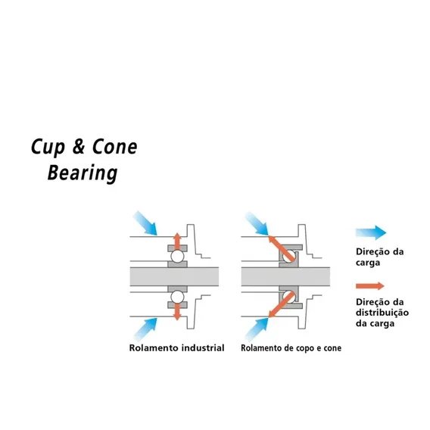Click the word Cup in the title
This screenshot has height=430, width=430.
[48, 148]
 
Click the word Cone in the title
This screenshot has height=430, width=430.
[114, 147]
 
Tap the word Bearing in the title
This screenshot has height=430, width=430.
[83, 173]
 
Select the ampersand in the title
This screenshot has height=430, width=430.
[79, 147]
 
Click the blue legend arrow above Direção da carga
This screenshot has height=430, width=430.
[371, 233]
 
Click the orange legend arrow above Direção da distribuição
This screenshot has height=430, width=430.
[370, 286]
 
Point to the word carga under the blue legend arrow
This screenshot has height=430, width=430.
[368, 263]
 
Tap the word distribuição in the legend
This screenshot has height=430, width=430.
[382, 313]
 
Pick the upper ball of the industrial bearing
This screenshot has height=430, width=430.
[177, 257]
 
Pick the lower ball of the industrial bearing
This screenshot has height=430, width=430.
[177, 297]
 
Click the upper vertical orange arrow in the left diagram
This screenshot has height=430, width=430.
[177, 241]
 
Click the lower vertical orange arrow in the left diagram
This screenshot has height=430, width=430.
[177, 312]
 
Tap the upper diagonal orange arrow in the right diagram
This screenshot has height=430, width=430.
[281, 248]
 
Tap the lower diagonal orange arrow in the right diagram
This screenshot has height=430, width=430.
[281, 305]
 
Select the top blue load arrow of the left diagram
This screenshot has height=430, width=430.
[145, 223]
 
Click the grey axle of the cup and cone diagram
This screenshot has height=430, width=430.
[285, 277]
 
